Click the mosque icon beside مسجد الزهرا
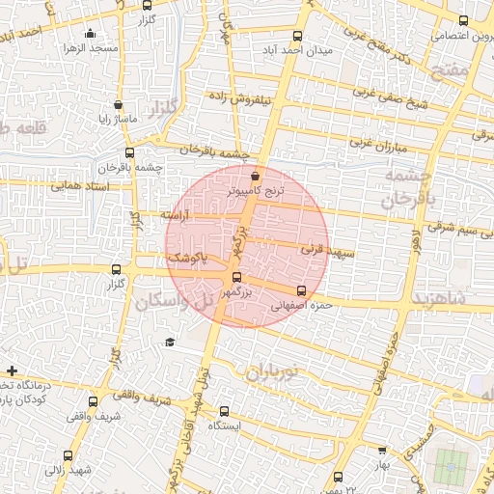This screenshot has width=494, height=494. (90, 35)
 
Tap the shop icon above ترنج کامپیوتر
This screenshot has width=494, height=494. (255, 177)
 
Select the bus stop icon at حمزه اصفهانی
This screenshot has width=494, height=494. (302, 290)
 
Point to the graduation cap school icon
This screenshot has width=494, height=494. (170, 342)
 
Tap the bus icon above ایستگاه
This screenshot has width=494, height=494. (225, 411)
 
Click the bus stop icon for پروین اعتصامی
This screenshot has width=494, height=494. (463, 20)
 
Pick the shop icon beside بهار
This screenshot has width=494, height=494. (383, 450)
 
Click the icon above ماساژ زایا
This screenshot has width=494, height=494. (118, 105)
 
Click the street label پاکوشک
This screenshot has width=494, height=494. (187, 261)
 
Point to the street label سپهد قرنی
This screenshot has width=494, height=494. (328, 251)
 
